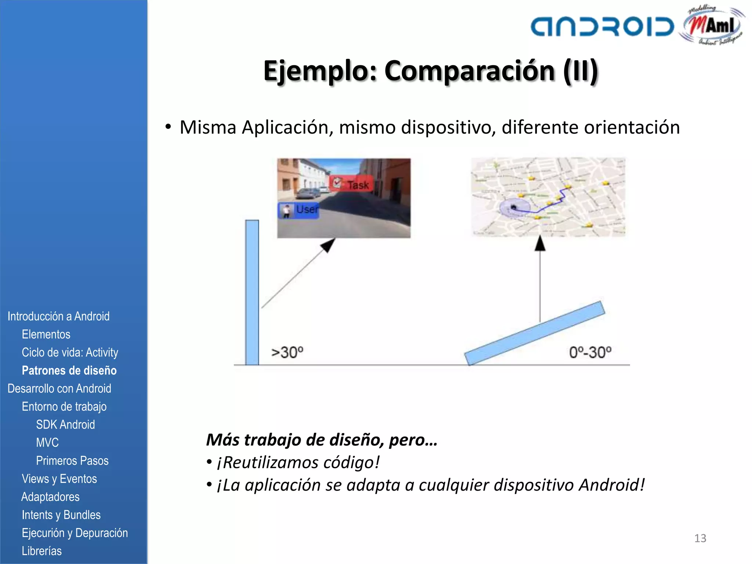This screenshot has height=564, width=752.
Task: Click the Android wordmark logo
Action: click(x=602, y=26)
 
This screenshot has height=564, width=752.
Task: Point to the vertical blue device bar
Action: click(x=252, y=292)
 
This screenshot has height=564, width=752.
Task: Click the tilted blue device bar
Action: click(x=535, y=333)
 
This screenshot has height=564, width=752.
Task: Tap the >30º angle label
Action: click(x=287, y=352)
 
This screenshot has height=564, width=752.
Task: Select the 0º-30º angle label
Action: click(x=590, y=352)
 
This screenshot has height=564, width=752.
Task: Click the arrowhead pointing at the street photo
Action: click(x=329, y=245)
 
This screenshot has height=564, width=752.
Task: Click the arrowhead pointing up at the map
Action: click(x=540, y=243)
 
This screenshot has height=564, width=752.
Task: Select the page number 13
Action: click(x=700, y=538)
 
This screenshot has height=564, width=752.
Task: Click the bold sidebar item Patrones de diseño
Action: click(x=69, y=370)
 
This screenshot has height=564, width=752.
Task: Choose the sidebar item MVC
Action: click(x=47, y=442)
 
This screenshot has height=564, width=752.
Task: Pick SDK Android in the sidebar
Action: click(x=65, y=424)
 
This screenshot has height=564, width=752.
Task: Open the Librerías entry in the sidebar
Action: click(x=41, y=551)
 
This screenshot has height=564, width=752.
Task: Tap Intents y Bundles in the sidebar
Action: click(x=61, y=515)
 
